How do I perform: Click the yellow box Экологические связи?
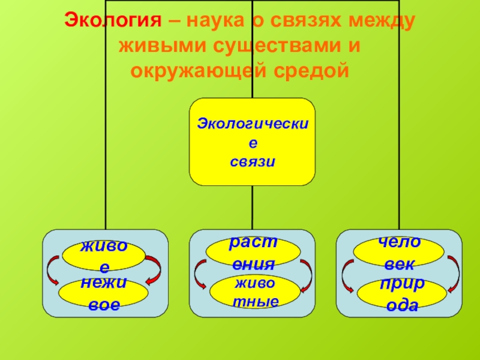[x=252, y=142]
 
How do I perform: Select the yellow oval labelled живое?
[x=105, y=255]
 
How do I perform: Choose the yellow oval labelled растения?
[x=252, y=253]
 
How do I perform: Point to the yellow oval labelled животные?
[x=253, y=290]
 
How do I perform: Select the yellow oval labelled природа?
[x=401, y=292]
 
